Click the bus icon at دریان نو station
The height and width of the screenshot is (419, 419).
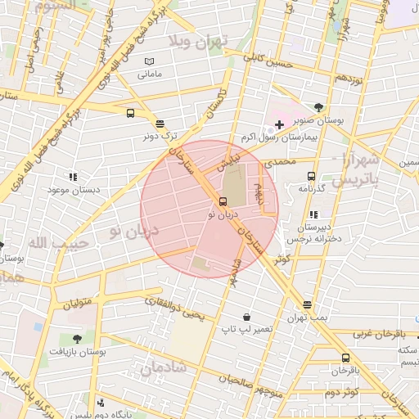pyautogui.click(x=223, y=201)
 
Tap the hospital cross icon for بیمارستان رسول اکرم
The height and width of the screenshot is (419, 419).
pyautogui.click(x=280, y=124)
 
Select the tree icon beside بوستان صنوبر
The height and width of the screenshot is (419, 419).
pyautogui.click(x=318, y=107)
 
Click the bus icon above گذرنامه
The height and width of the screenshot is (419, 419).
pyautogui.click(x=311, y=176)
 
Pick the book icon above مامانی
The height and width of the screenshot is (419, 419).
pyautogui.click(x=148, y=61)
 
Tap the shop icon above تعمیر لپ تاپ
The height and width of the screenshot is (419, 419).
pyautogui.click(x=246, y=317)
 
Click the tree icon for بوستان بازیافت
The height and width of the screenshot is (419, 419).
pyautogui.click(x=76, y=338)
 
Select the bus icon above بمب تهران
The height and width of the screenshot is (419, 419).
pyautogui.click(x=307, y=304)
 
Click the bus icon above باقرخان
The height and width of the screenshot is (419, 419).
pyautogui.click(x=345, y=358)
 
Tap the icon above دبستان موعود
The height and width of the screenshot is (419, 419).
pyautogui.click(x=74, y=176)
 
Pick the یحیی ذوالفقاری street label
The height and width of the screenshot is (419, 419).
pyautogui.click(x=173, y=307)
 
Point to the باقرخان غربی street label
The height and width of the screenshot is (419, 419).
pyautogui.click(x=380, y=335)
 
